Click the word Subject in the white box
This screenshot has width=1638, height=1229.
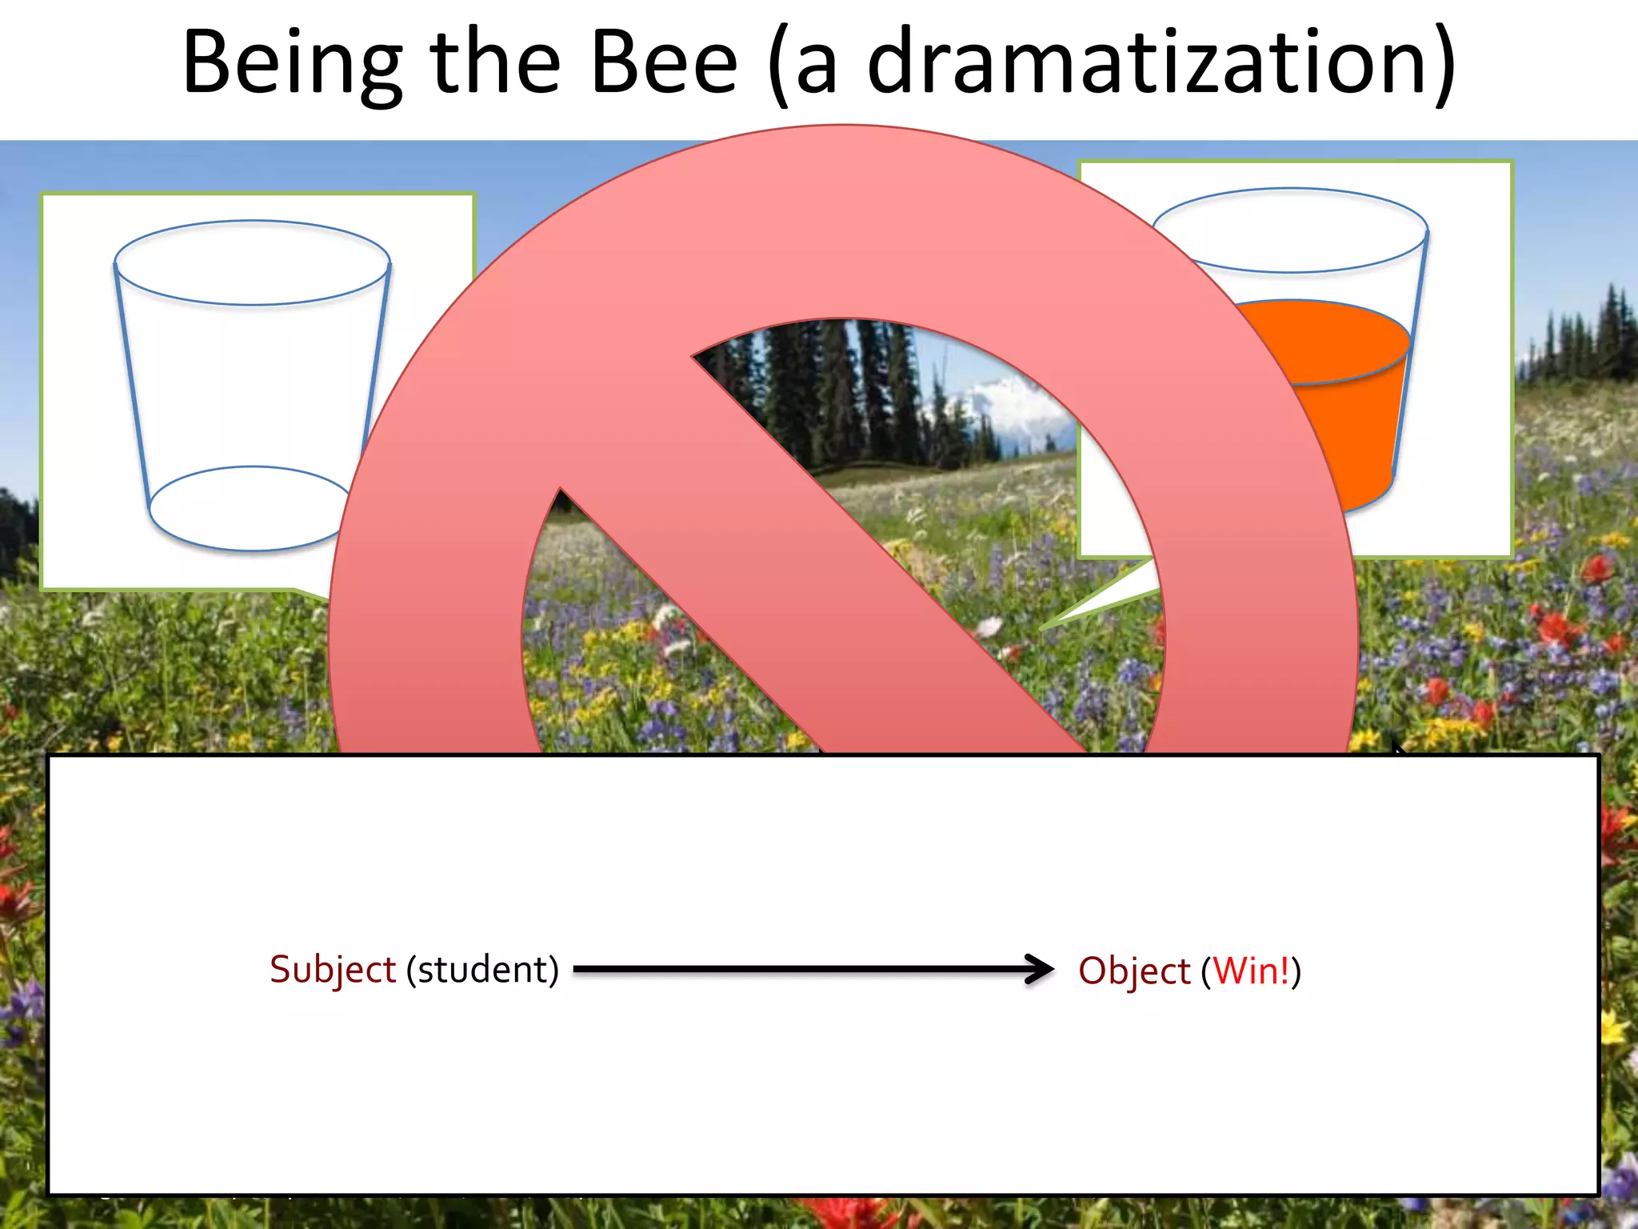332,970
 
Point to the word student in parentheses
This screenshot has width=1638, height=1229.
482,970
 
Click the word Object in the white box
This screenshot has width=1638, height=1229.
1134,971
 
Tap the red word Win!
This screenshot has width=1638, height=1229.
1252,971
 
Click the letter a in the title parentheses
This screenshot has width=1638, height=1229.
816,68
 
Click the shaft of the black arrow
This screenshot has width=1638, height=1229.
800,969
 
